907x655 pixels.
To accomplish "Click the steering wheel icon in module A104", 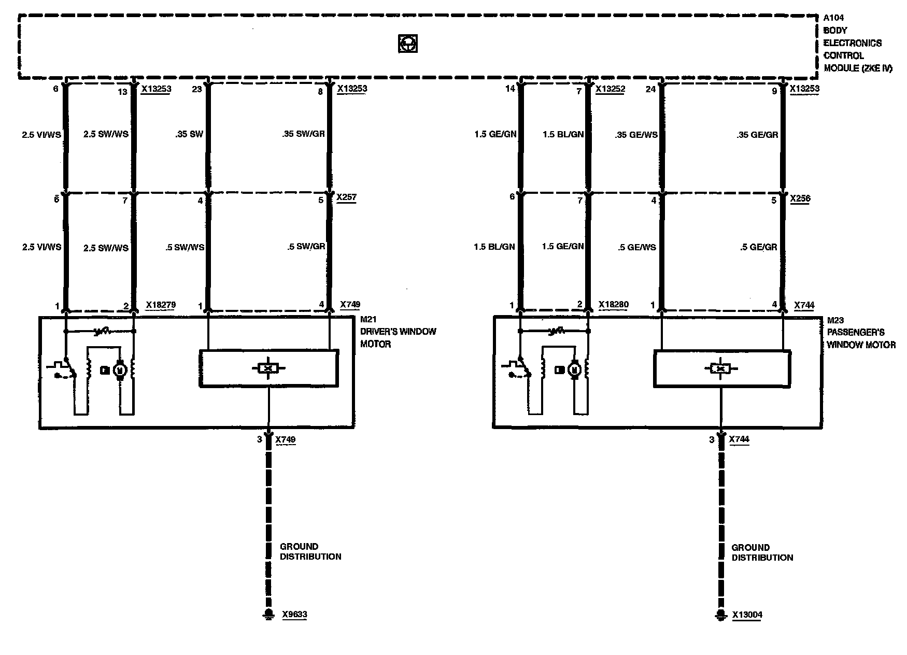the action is pos(408,44).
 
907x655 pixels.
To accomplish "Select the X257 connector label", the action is pos(346,197).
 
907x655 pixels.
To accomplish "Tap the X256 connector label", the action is pos(800,198).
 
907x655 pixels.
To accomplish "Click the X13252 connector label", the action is pos(610,89).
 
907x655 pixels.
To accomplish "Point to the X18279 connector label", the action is pos(161,305).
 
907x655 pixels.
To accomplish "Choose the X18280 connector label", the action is pos(613,304).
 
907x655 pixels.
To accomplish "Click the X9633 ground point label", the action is pos(294,615).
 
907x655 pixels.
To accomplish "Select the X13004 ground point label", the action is pos(747,615).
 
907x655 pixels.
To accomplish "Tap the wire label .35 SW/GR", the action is pos(304,134).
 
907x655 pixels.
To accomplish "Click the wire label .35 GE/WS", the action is pos(636,135).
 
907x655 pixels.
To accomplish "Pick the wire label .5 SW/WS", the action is pos(185,248).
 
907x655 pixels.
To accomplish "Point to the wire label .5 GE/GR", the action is pos(759,247).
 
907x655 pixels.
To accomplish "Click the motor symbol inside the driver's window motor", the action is pos(120,370).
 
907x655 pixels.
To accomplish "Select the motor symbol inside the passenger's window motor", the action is pos(574,369).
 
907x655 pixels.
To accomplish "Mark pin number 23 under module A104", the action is pos(197,89).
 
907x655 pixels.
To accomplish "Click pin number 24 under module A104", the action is pos(650,89).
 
